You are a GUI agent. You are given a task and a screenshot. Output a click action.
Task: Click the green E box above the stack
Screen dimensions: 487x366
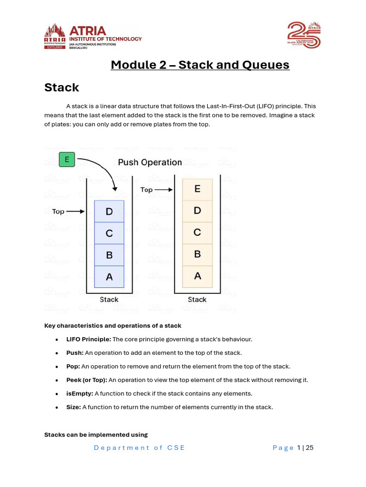coord(67,160)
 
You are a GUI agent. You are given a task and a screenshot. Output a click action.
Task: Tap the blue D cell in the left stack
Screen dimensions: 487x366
coord(109,211)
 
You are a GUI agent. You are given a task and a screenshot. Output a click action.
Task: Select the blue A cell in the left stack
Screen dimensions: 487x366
coord(109,277)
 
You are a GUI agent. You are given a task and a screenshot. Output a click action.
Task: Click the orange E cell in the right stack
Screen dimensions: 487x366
coord(197,189)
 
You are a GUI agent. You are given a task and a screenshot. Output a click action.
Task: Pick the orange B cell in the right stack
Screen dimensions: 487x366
coord(197,254)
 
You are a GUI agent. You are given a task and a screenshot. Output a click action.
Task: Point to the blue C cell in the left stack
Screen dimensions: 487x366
coord(109,233)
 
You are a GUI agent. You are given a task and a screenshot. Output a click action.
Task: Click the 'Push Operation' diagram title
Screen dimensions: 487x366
coord(150,162)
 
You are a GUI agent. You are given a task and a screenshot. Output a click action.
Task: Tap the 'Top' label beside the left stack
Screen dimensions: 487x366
coord(58,211)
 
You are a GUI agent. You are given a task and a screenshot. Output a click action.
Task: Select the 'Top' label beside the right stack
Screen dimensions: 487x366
coord(147,190)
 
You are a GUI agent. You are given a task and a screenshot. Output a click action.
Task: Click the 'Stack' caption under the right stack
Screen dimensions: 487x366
coord(197,300)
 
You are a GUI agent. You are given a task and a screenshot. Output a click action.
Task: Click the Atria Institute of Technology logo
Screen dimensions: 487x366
coord(93,36)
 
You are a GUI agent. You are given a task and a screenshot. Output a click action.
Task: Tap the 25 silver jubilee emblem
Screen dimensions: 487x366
coord(304,35)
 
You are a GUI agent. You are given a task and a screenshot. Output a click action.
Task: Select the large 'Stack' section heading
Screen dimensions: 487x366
coord(61,88)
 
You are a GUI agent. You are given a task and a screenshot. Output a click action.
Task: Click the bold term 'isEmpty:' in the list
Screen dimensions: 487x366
coord(80,393)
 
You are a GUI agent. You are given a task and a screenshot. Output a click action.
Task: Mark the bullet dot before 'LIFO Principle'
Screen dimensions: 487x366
coord(57,340)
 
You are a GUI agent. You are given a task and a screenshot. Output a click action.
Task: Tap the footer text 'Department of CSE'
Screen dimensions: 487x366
coord(139,448)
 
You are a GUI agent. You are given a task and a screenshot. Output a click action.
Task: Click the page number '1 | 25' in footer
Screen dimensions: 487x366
coord(305,448)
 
